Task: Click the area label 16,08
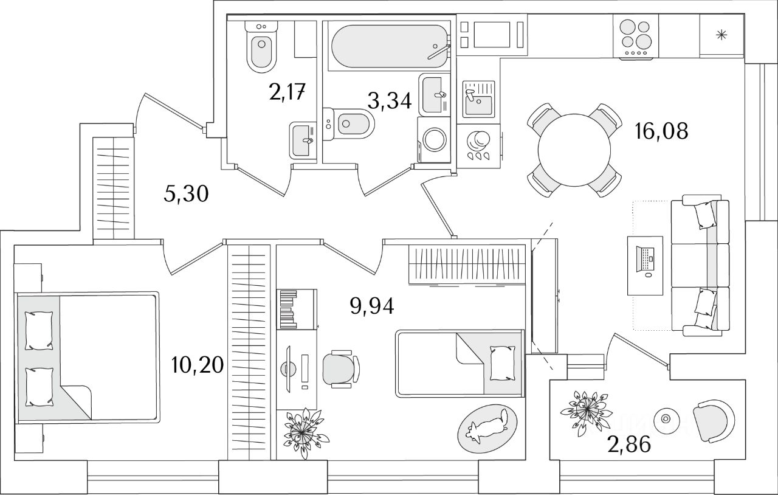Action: coord(661,132)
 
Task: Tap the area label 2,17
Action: coord(287,92)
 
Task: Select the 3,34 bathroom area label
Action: coord(390,101)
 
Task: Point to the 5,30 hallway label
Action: coord(186,193)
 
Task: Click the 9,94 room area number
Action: coord(372,306)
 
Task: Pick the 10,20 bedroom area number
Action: coord(198,365)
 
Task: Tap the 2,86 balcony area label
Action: coord(629,445)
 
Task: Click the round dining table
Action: coord(574,150)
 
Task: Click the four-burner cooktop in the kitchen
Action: coord(636,36)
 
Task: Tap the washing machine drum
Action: coord(435,140)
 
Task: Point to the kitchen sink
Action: coord(478,99)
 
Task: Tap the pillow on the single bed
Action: coord(502,363)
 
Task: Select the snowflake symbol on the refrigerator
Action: coord(721,35)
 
